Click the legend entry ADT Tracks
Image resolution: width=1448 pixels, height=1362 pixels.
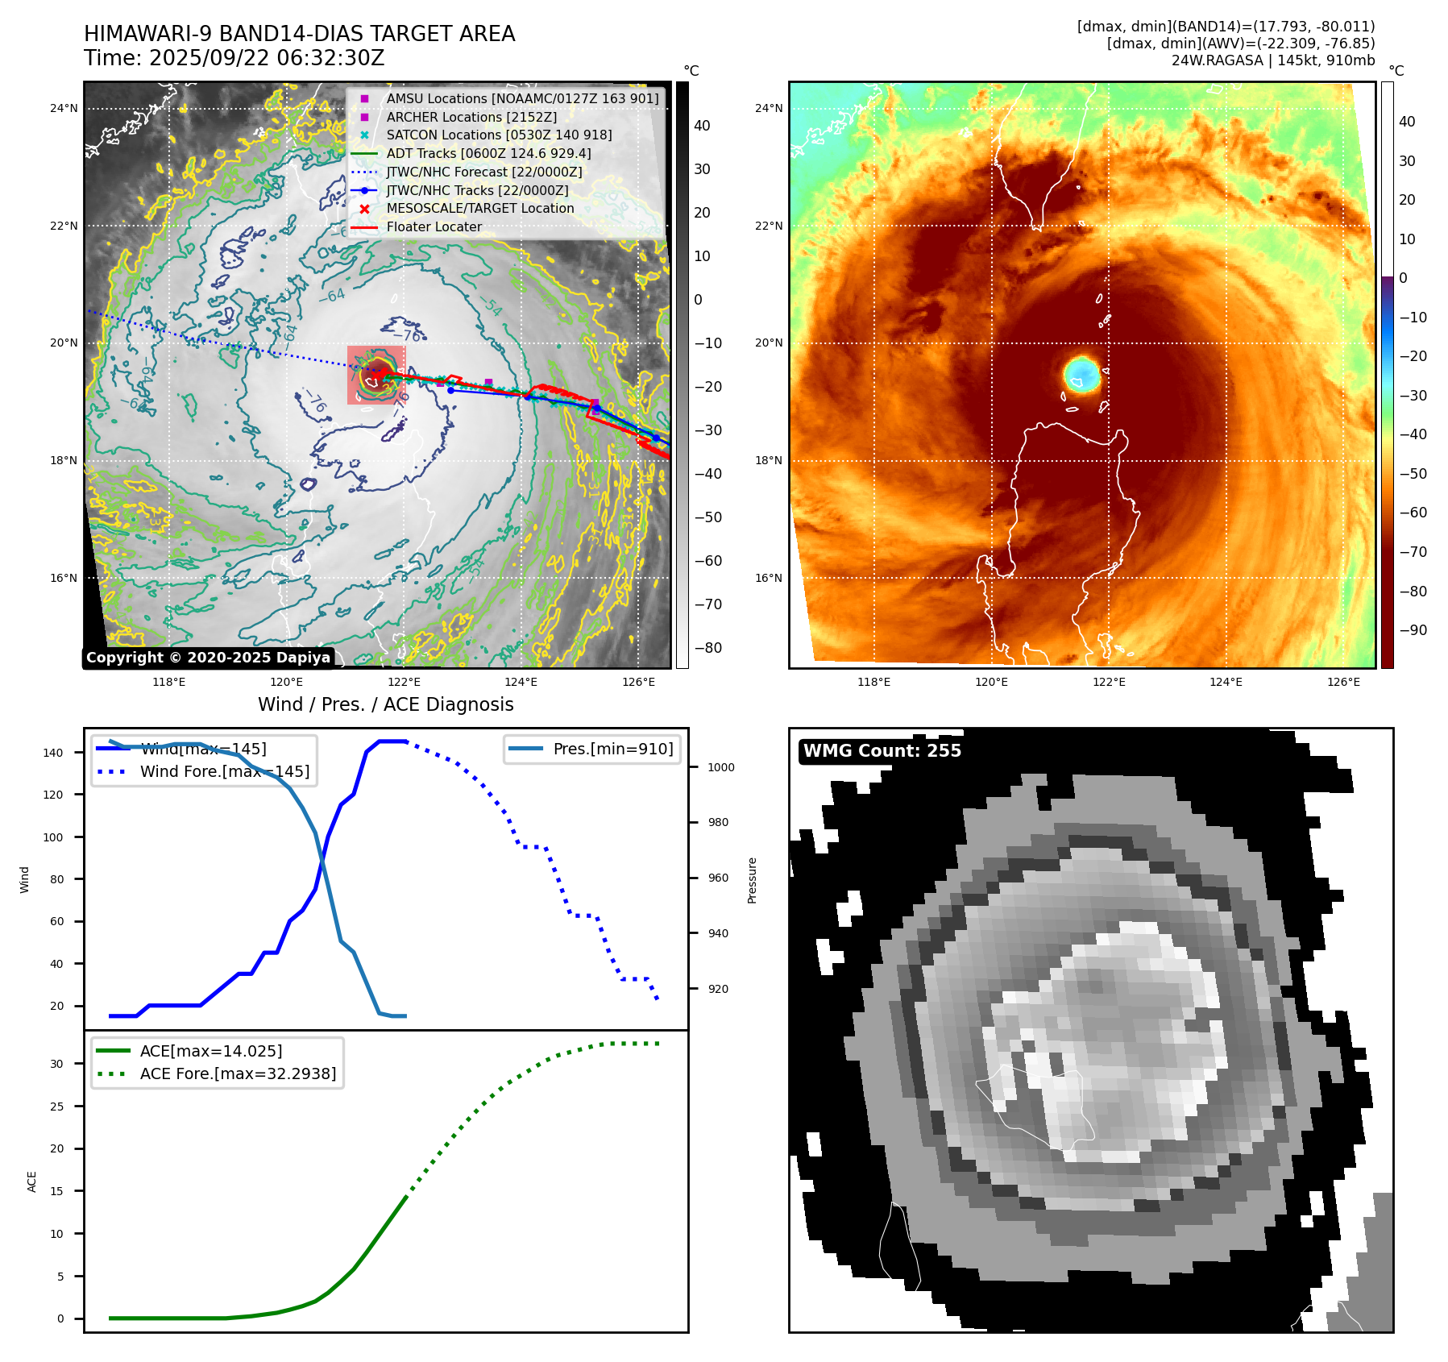(488, 153)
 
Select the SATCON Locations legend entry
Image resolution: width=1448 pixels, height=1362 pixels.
(499, 135)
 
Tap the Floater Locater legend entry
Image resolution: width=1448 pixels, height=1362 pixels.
(434, 226)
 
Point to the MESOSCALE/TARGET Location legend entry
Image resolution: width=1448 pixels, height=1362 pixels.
(480, 208)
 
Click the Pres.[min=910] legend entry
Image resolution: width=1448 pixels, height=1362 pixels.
(612, 749)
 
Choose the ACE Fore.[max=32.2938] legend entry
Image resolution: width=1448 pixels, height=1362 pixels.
(238, 1073)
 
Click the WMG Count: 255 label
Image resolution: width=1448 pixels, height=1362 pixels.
(882, 750)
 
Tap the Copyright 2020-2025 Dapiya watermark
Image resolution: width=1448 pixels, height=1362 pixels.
(208, 658)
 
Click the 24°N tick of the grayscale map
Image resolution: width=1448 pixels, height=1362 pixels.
(64, 108)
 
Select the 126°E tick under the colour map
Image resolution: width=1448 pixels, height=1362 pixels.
(1343, 682)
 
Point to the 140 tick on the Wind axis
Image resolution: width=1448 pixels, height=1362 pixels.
(53, 753)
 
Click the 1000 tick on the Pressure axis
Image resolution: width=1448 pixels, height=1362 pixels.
(721, 767)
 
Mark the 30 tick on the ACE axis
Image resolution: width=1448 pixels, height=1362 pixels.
(56, 1064)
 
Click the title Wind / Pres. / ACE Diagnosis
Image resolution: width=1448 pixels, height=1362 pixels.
(385, 704)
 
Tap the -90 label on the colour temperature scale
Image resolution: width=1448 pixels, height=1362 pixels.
(1413, 630)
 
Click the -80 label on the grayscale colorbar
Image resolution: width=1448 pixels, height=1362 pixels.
(708, 648)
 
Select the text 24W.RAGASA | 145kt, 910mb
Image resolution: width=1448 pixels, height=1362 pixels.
(1272, 60)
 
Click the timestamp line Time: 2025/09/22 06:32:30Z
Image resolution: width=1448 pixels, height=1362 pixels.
(234, 58)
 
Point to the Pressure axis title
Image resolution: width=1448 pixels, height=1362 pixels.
(752, 880)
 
